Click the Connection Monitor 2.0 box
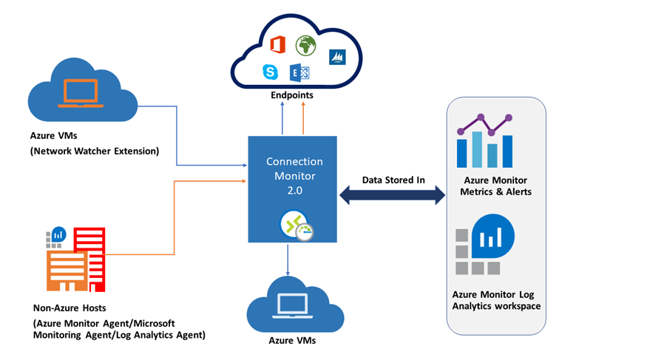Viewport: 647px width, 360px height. pyautogui.click(x=292, y=189)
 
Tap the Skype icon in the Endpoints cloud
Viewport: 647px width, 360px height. pyautogui.click(x=270, y=72)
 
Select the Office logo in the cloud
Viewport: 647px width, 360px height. pyautogui.click(x=277, y=45)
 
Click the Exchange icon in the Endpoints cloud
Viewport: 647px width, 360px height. pyautogui.click(x=299, y=72)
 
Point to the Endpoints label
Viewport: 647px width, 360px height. pyautogui.click(x=291, y=95)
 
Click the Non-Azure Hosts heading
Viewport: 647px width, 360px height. pyautogui.click(x=67, y=309)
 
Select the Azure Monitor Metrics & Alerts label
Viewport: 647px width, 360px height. pyautogui.click(x=496, y=186)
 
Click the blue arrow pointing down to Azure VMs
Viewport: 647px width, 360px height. pyautogui.click(x=287, y=258)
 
